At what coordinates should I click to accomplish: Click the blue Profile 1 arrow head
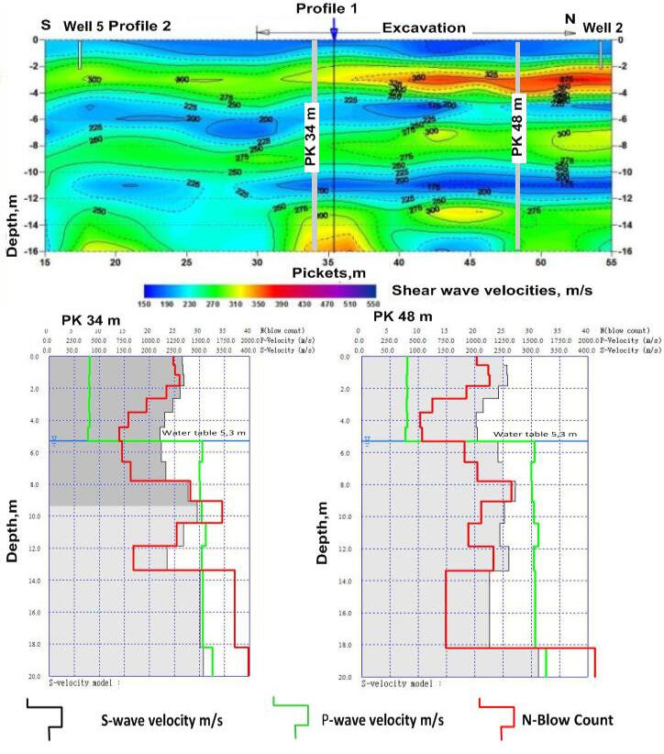pos(334,32)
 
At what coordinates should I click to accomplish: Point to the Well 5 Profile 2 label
pos(117,28)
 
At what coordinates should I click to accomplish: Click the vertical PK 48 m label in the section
pos(517,127)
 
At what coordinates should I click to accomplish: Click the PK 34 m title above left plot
pos(92,320)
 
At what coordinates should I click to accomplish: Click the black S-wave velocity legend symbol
pos(43,718)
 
